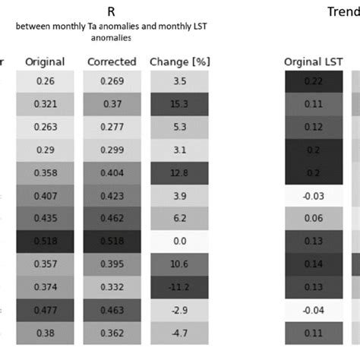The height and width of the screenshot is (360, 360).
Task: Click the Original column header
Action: (45, 62)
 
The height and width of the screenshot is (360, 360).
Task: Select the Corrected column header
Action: (112, 62)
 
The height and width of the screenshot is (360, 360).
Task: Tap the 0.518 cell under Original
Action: (45, 240)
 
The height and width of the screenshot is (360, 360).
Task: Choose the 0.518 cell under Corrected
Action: (112, 240)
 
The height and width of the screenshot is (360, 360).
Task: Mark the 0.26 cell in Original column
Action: (45, 81)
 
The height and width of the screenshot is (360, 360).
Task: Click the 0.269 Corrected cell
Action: (112, 81)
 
